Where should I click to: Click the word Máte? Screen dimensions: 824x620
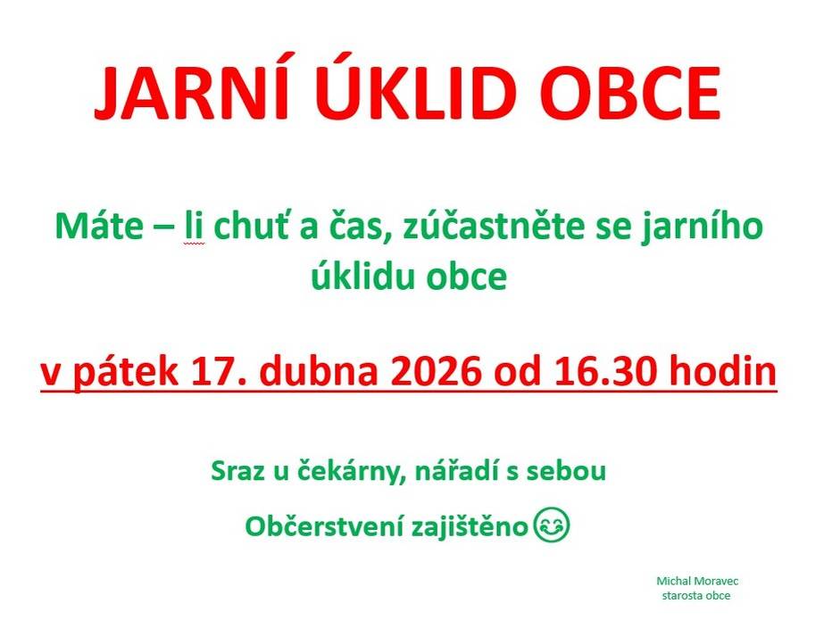(x=99, y=226)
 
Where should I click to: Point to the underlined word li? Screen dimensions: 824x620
(x=194, y=226)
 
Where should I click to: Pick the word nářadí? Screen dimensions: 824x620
(x=456, y=470)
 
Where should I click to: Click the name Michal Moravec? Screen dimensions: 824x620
(x=697, y=581)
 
